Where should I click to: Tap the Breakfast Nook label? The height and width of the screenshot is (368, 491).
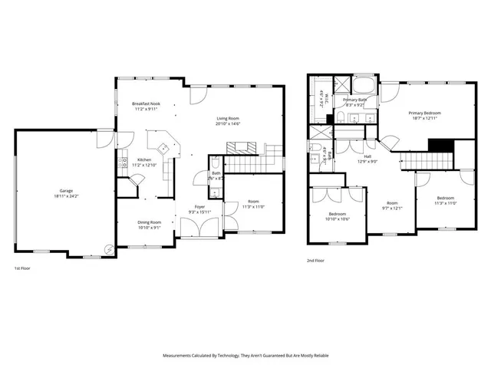(x=145, y=103)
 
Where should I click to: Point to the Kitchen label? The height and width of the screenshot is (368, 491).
(x=143, y=159)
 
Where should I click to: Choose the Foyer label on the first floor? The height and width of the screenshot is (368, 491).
(x=199, y=207)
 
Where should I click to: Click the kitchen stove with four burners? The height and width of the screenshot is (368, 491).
(x=161, y=149)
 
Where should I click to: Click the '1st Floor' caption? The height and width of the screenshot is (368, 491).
(x=22, y=269)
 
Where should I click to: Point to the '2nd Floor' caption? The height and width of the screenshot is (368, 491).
(x=315, y=261)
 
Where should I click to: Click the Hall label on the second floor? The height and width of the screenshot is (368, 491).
(x=368, y=156)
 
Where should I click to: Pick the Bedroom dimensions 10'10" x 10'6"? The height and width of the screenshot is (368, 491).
(x=338, y=219)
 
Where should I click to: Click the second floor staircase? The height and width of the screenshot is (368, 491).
(x=426, y=159)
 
